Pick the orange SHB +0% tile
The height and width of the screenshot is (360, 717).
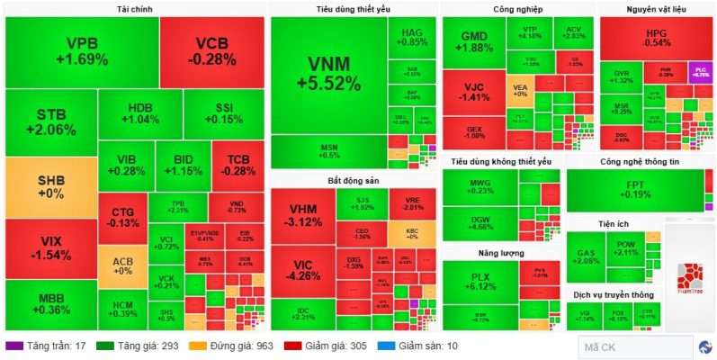click(x=49, y=187)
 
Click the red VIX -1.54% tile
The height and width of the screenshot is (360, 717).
click(x=49, y=248)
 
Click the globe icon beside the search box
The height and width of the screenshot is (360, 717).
click(x=706, y=346)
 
